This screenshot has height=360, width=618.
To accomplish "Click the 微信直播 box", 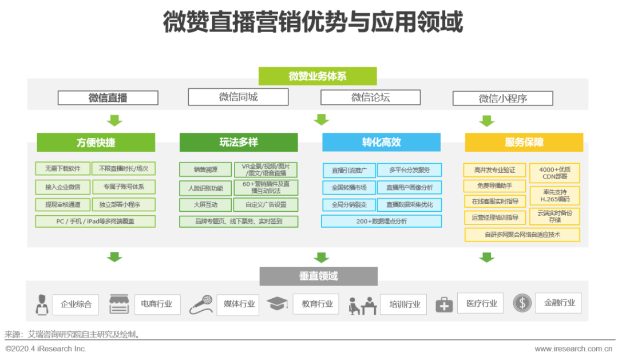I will tap(108, 98).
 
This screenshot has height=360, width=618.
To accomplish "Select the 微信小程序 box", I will tap(502, 98).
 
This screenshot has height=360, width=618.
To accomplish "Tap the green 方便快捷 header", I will tap(96, 143).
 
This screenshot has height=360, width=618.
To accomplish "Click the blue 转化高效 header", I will tap(381, 143).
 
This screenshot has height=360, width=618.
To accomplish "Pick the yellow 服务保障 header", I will tap(524, 143).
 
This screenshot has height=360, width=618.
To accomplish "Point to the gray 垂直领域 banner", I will tap(318, 276).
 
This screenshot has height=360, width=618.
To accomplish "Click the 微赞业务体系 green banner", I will tap(318, 76).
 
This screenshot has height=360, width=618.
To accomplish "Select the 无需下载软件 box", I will tap(62, 169).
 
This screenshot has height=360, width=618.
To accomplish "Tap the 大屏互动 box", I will tap(205, 204).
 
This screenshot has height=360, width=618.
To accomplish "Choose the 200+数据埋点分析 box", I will tap(381, 221).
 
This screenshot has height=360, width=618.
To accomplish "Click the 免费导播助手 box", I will tap(494, 186).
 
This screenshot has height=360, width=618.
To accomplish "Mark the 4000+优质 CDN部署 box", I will tap(554, 173).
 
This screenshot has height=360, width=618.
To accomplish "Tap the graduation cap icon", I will tap(277, 304).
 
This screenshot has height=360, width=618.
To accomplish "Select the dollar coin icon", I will tap(522, 303).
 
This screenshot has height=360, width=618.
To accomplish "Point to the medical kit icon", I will tap(444, 304).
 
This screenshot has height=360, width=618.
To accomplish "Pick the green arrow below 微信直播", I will tap(115, 120).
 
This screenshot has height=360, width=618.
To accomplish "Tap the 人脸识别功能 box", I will tap(205, 187).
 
